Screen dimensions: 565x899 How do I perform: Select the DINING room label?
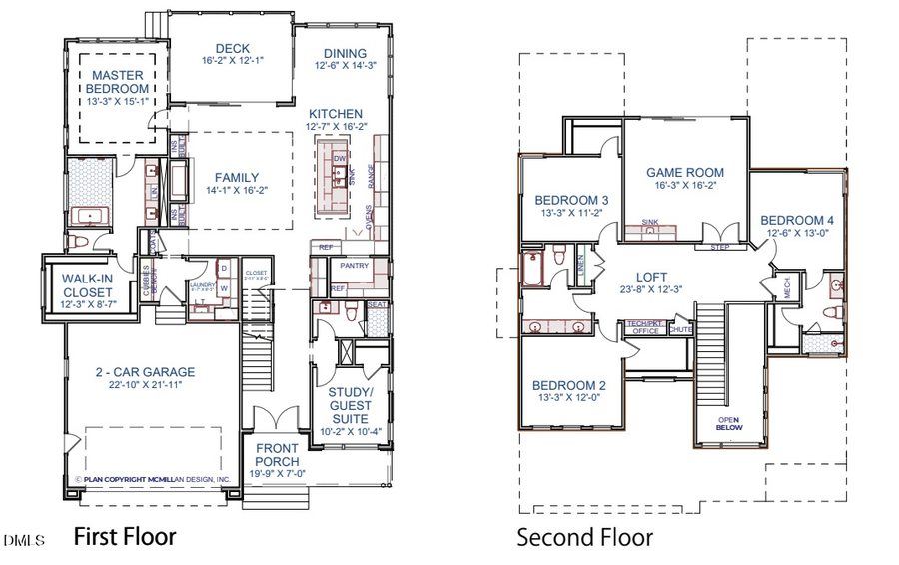pos(345,53)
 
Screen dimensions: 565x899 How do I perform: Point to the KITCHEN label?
pos(336,113)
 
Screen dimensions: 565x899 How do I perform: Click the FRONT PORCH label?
pos(277,456)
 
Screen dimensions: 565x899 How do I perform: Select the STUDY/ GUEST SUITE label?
pos(350,405)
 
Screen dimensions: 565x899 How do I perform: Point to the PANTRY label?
pos(355,267)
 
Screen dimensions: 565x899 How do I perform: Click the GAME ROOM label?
pos(685,172)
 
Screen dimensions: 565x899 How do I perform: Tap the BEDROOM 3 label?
pos(572,199)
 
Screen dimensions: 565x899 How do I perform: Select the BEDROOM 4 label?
pos(796,220)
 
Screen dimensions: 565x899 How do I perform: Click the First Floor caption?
pos(125,537)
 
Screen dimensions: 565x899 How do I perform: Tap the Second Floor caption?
pos(584,538)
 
